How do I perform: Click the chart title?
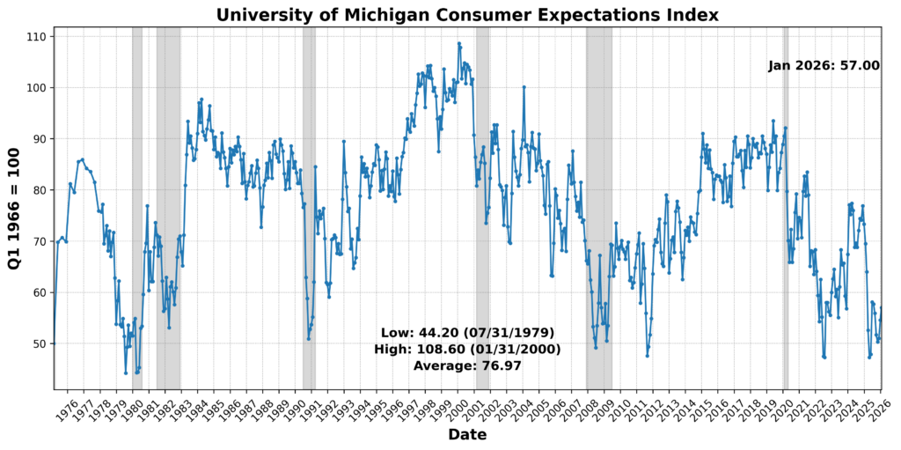point(467,15)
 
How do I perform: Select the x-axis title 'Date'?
point(467,435)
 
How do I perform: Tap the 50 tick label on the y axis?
point(39,343)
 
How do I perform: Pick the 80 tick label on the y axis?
point(39,190)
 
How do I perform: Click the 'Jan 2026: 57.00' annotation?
point(824,66)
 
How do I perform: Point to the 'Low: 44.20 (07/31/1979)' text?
point(467,333)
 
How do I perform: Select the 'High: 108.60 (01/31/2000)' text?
point(467,350)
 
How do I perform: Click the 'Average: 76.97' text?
point(467,365)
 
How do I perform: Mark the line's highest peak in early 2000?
point(458,44)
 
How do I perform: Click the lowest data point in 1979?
point(126,373)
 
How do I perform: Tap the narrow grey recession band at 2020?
point(785,208)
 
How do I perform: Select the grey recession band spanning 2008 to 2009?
point(599,208)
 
